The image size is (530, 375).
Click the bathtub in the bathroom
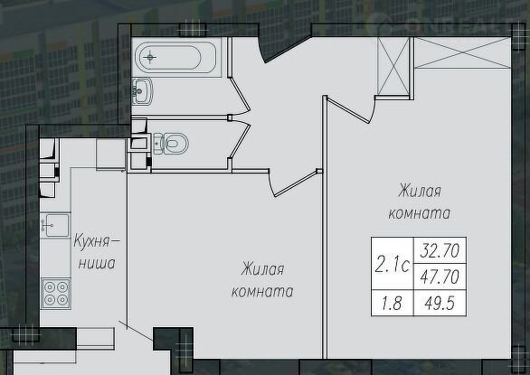175,58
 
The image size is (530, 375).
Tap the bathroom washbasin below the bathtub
142,90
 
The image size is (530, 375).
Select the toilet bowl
170,144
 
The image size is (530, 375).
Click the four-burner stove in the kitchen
56,294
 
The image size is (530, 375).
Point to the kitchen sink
55,225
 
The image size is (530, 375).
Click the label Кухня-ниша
97,252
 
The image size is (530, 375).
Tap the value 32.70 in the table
440,250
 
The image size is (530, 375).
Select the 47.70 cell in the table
440,277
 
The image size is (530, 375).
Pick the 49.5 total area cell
440,303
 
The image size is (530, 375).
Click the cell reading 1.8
393,303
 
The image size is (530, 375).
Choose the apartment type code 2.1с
393,266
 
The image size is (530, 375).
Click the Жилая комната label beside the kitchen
262,280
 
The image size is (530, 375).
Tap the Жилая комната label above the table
420,202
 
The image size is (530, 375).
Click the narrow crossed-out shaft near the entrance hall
393,66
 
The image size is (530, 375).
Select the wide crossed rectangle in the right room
462,52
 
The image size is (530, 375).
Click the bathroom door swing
240,95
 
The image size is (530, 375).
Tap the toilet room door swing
240,138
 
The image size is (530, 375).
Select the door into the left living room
293,183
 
